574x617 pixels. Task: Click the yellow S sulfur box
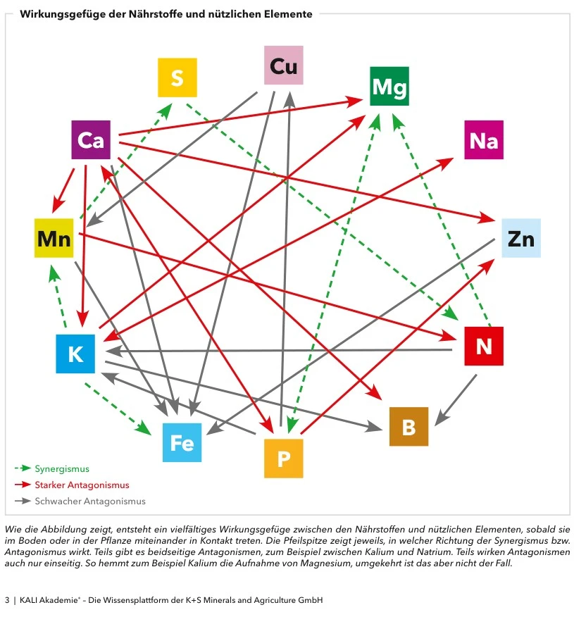(x=177, y=78)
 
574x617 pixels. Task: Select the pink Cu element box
(x=283, y=66)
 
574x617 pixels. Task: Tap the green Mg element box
(x=389, y=87)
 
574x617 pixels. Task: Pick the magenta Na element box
(x=483, y=140)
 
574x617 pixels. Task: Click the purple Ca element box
(x=91, y=140)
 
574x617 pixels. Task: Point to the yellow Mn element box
(x=54, y=238)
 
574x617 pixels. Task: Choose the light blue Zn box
(x=520, y=238)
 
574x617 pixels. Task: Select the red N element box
(x=483, y=346)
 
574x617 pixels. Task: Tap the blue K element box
(x=75, y=354)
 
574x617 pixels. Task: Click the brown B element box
(x=408, y=426)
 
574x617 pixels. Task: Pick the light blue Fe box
(x=182, y=442)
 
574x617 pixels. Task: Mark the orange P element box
(x=283, y=459)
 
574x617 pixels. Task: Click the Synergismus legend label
(x=62, y=468)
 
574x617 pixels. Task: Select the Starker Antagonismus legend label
(x=82, y=485)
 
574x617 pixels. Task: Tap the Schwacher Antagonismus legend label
(x=90, y=501)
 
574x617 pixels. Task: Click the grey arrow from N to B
(x=456, y=399)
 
